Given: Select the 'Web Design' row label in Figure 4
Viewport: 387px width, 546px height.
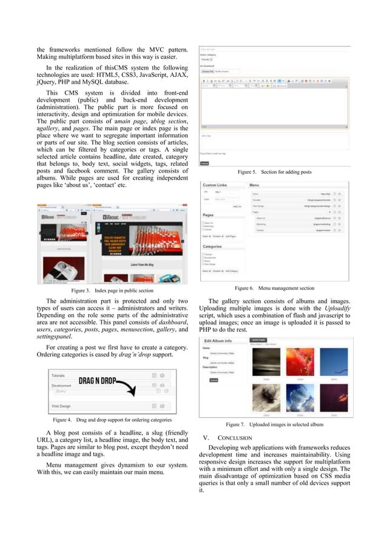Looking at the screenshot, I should click(63, 406).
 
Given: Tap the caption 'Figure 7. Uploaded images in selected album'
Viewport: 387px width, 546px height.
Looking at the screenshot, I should click(274, 424).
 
